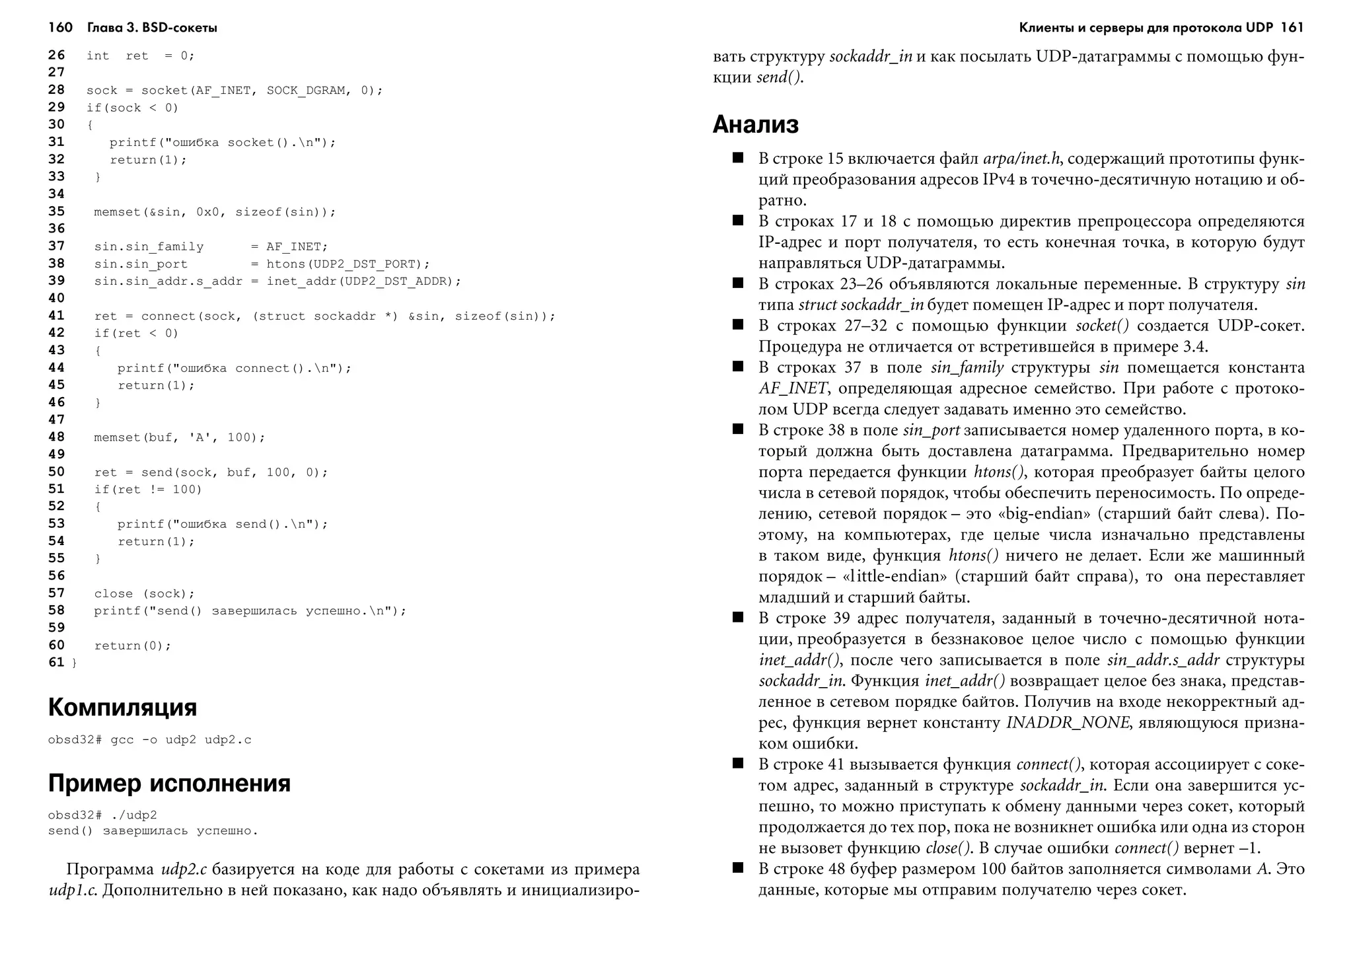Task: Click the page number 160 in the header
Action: click(x=60, y=27)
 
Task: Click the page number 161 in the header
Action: click(x=1292, y=27)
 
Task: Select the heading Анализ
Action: click(x=755, y=124)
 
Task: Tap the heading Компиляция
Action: click(x=122, y=708)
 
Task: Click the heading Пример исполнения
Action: click(x=169, y=784)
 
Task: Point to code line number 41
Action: click(x=56, y=316)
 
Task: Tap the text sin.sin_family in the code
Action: click(x=149, y=247)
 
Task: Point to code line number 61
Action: click(x=56, y=663)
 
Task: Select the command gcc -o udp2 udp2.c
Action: click(x=180, y=740)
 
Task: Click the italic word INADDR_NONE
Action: click(x=1067, y=723)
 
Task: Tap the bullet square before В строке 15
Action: click(x=738, y=158)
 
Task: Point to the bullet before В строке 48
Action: click(x=738, y=868)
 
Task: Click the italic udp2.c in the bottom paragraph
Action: click(x=184, y=869)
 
